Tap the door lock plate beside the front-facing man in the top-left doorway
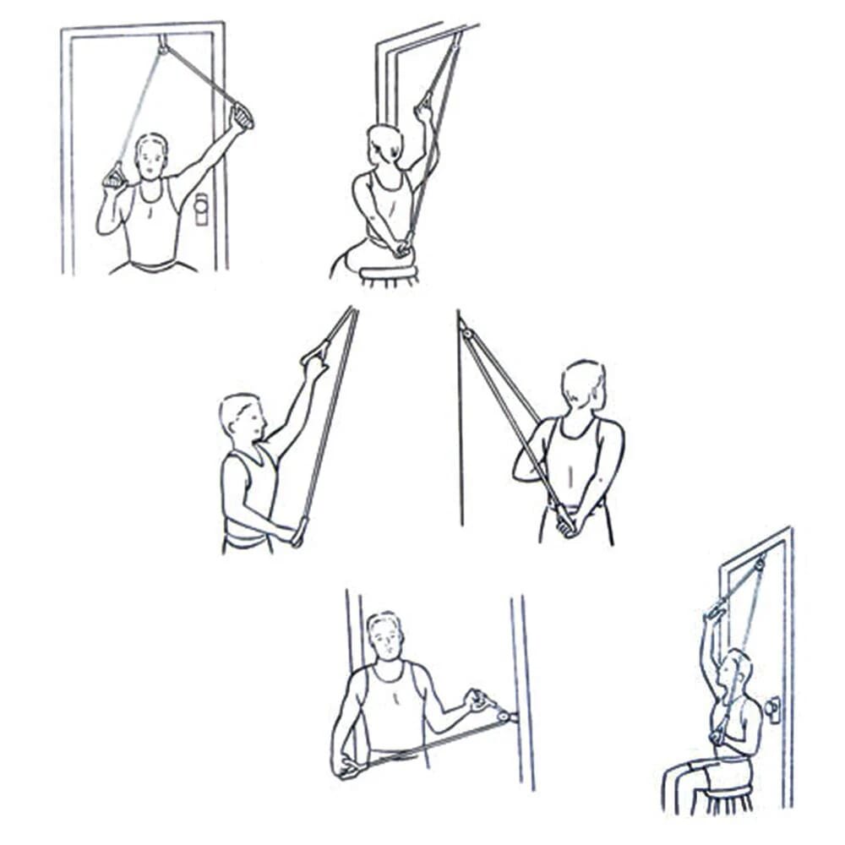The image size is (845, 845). (201, 209)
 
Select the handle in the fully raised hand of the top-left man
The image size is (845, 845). (243, 116)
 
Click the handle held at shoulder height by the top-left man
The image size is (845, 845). (114, 177)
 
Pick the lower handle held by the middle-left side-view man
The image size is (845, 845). (298, 534)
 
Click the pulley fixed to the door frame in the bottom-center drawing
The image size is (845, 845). (504, 717)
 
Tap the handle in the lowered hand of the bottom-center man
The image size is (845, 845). (349, 767)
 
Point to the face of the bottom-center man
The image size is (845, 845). (384, 638)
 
